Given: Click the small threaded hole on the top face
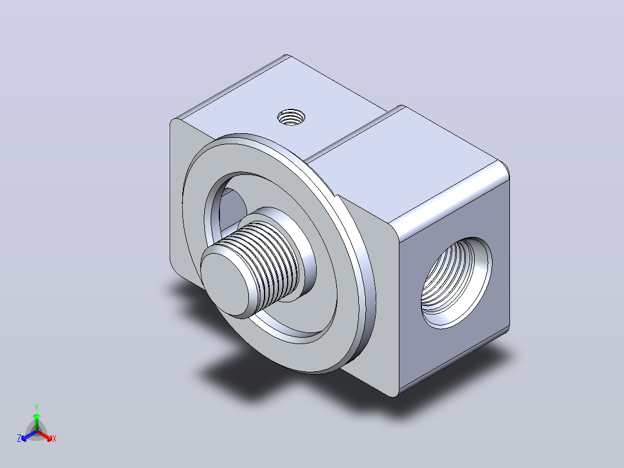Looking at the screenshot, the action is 291,118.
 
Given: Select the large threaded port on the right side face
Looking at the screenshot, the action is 456,283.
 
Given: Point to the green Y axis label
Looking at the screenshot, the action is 36,407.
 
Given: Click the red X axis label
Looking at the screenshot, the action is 54,438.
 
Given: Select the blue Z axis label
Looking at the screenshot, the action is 19,438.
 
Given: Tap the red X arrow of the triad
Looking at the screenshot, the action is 45,436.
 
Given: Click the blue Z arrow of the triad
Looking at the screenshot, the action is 29,436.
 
